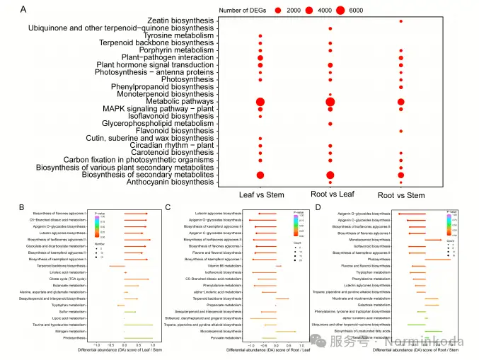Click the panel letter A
(x=25, y=9)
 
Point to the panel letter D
(x=316, y=207)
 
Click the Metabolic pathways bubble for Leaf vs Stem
(x=260, y=102)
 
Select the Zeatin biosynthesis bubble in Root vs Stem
(x=401, y=21)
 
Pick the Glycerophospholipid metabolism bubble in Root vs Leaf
(x=330, y=124)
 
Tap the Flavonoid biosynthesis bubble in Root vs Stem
(x=401, y=131)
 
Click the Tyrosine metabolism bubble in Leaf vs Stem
(x=260, y=35)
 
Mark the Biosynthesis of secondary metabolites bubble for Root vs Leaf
(x=330, y=175)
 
